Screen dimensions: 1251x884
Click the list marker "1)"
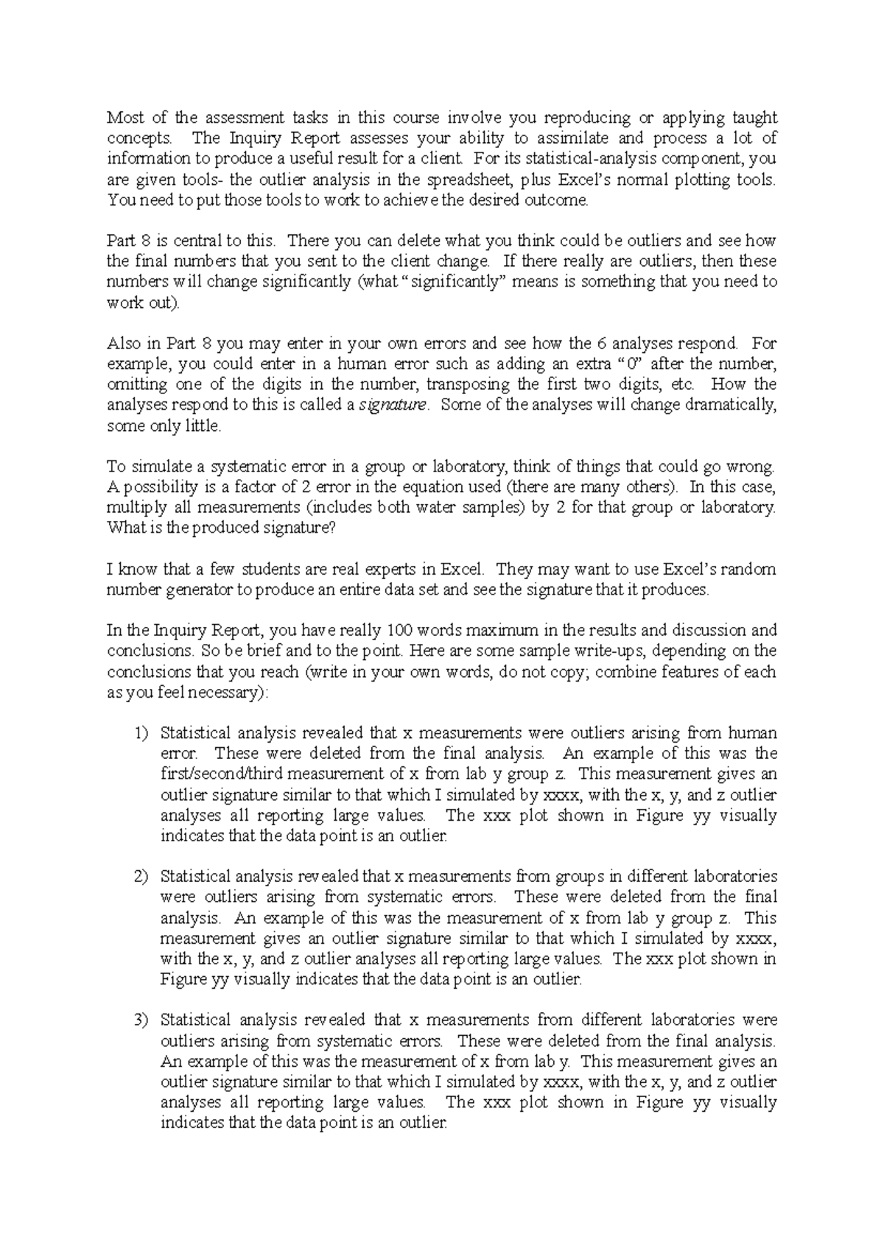pyautogui.click(x=141, y=733)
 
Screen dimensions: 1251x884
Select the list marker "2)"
pyautogui.click(x=141, y=877)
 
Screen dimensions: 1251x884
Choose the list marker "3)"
pyautogui.click(x=141, y=1020)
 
